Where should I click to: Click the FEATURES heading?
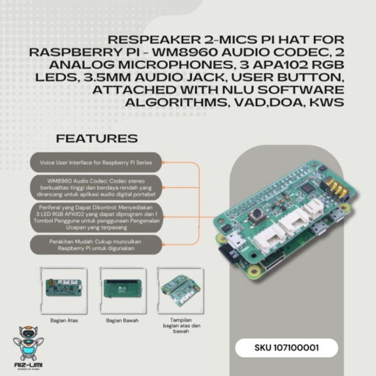click(x=97, y=138)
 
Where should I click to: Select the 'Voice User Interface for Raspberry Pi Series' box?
click(x=96, y=162)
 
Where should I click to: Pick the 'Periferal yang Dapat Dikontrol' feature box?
click(x=96, y=217)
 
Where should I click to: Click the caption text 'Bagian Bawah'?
click(x=122, y=320)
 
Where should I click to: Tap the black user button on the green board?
click(x=257, y=216)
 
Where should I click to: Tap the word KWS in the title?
click(x=326, y=102)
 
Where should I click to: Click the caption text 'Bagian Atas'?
click(x=61, y=320)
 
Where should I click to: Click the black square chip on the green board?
click(x=307, y=188)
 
